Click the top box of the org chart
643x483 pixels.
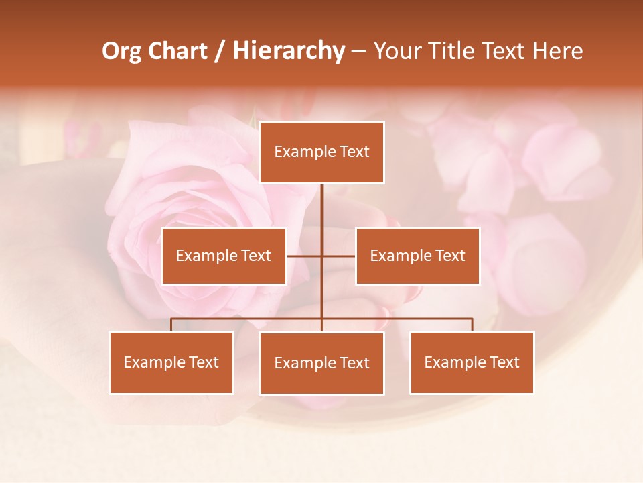coord(321,152)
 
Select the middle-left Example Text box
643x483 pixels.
coord(224,256)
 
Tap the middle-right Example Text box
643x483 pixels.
coord(417,256)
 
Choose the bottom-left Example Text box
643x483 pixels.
coord(171,362)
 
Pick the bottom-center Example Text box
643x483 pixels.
coord(321,363)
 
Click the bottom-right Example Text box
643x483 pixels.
coord(472,362)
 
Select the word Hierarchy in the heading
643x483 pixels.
coord(289,51)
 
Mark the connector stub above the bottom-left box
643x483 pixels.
coord(171,325)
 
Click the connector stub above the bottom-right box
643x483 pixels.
coord(472,325)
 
